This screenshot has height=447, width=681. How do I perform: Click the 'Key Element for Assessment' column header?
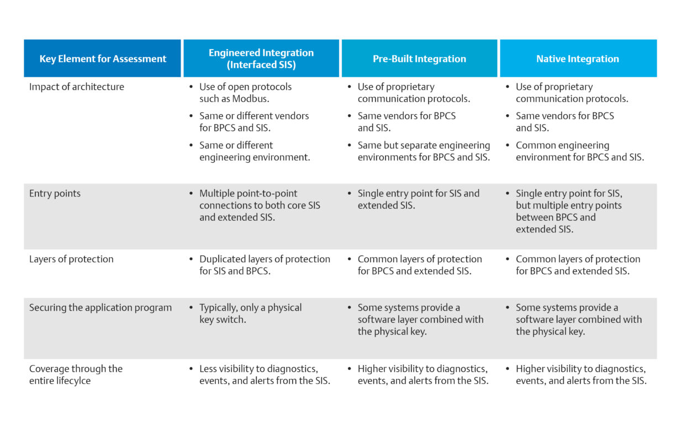(103, 58)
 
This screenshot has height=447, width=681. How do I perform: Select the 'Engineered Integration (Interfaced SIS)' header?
(261, 58)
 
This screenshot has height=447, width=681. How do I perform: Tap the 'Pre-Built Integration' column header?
(419, 58)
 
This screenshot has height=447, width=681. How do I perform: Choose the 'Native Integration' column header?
(578, 58)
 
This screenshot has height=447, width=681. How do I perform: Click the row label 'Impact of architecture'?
(77, 87)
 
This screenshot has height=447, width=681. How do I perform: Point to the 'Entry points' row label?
(55, 194)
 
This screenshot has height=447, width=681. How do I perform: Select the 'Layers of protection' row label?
(71, 259)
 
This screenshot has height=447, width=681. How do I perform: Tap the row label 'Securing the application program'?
(101, 307)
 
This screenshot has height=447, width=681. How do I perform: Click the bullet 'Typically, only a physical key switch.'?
(251, 313)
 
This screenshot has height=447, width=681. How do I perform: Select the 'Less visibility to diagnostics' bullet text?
(265, 374)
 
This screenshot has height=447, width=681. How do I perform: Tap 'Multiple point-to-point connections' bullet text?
(260, 205)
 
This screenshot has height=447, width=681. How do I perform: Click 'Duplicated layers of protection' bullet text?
(265, 265)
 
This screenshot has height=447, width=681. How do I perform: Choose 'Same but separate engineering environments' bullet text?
(424, 151)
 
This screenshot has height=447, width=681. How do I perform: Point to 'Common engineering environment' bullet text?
(580, 151)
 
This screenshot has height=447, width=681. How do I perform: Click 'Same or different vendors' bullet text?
(254, 122)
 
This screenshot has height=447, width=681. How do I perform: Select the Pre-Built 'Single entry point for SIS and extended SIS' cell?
(418, 199)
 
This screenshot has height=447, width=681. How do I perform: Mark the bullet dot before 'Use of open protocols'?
(191, 87)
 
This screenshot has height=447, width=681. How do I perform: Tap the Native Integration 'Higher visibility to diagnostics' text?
(581, 374)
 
